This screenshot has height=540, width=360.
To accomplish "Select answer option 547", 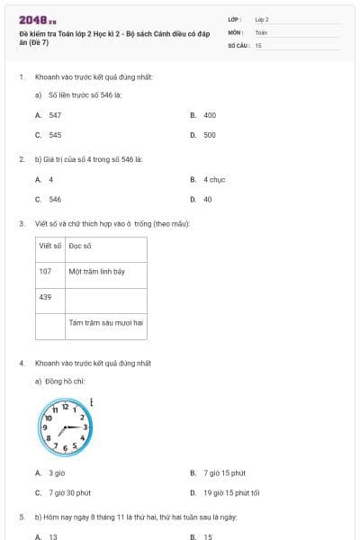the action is tap(55, 115).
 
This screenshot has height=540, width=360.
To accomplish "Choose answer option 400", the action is tap(210, 115).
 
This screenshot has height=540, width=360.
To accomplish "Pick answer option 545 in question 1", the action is tap(55, 135).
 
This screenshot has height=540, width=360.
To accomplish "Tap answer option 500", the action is tap(210, 135).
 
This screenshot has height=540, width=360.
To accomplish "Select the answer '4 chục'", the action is tap(214, 179).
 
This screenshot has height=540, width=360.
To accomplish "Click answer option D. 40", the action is tap(207, 199).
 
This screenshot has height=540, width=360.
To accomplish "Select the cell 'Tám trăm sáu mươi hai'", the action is tap(106, 321).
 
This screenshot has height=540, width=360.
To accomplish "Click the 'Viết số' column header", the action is tap(50, 245).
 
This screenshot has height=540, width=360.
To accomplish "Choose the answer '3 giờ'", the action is tap(57, 472).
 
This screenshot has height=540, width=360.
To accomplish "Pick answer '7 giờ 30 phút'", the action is tap(70, 492).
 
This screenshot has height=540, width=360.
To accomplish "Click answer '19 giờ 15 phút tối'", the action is tap(231, 492).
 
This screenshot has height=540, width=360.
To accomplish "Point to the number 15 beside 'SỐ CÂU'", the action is tap(258, 45).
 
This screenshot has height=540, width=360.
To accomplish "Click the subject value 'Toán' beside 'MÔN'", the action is tap(261, 31).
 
